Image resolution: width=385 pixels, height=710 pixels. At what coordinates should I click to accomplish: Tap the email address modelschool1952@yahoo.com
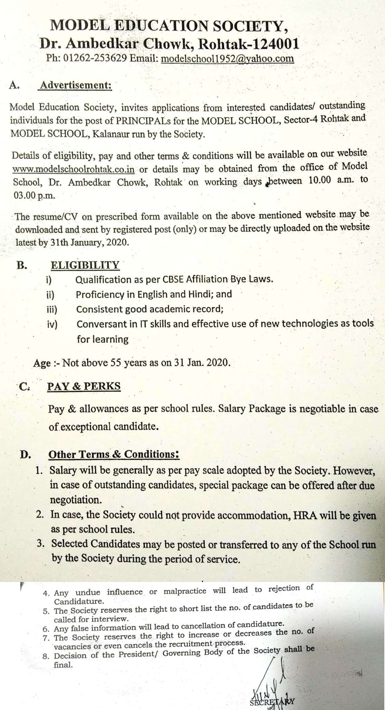point(227,58)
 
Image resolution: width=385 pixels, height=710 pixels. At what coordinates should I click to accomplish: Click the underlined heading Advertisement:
point(76,85)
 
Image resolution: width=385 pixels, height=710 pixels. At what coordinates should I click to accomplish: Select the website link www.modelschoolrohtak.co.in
point(73,170)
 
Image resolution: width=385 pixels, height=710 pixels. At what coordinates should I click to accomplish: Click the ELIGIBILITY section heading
point(85,265)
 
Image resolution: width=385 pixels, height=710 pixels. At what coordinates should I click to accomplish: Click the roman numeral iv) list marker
point(52,324)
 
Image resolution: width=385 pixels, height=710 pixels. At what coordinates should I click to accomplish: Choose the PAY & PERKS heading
point(84,386)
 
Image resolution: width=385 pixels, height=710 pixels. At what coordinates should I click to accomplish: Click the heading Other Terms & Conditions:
point(114,454)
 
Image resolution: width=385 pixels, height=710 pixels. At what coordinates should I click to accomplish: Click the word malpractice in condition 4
point(185,591)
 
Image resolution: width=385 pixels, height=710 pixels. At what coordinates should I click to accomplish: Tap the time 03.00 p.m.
point(34,195)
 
